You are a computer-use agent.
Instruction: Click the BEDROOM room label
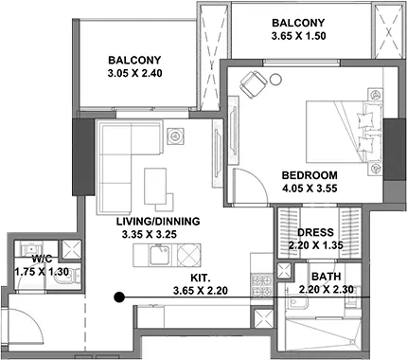pyautogui.click(x=310, y=175)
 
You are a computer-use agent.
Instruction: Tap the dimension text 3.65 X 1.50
pyautogui.click(x=298, y=36)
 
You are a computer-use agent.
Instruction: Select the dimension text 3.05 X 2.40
pyautogui.click(x=134, y=73)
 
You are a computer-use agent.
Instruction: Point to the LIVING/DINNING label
pyautogui.click(x=158, y=222)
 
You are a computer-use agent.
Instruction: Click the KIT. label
pyautogui.click(x=201, y=278)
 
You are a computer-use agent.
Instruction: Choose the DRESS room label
pyautogui.click(x=315, y=232)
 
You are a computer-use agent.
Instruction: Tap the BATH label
pyautogui.click(x=327, y=277)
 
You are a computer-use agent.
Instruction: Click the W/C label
pyautogui.click(x=42, y=259)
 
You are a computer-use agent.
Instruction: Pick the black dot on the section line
pyautogui.click(x=118, y=297)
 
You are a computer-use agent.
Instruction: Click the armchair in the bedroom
pyautogui.click(x=254, y=83)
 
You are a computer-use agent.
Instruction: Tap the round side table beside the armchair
pyautogui.click(x=275, y=79)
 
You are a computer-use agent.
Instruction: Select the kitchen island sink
pyautogui.click(x=160, y=255)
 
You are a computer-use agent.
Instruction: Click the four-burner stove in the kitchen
pyautogui.click(x=262, y=285)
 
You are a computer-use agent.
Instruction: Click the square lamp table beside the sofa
pyautogui.click(x=175, y=136)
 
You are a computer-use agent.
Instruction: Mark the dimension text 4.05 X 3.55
pyautogui.click(x=310, y=189)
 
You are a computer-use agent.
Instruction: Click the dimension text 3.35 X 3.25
pyautogui.click(x=150, y=235)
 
